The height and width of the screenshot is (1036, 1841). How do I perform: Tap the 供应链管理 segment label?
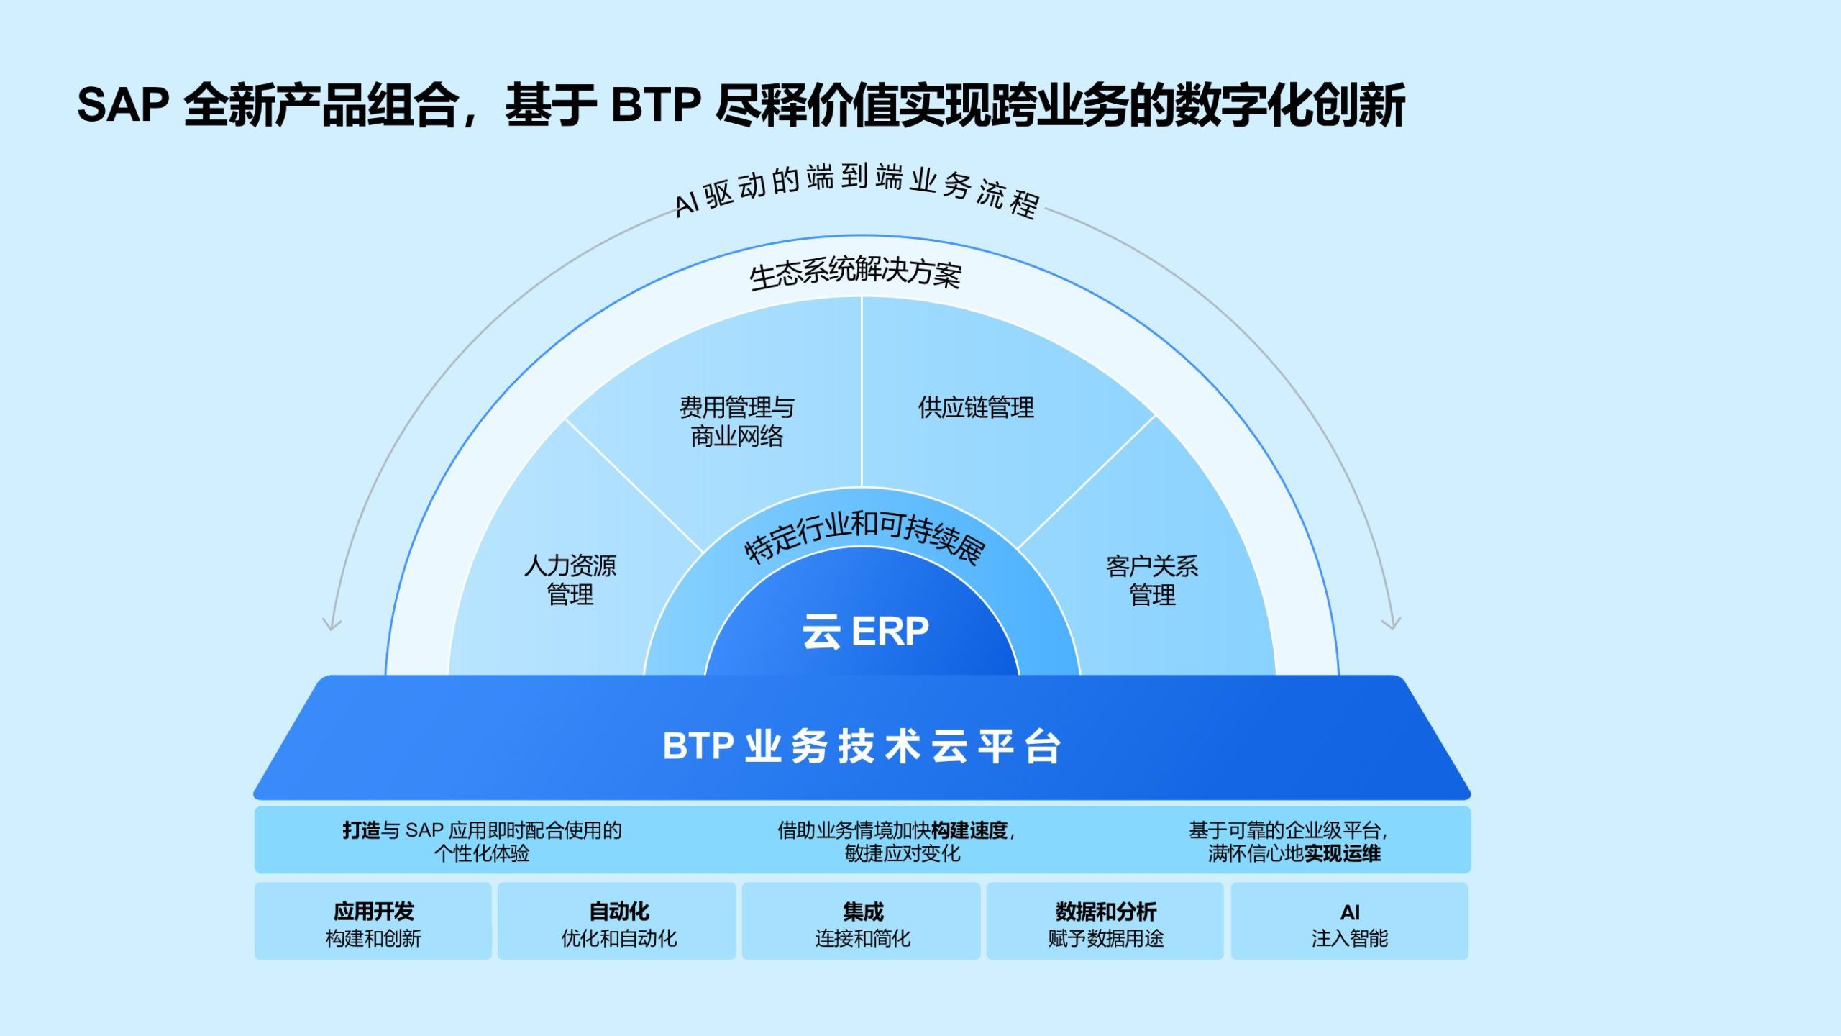pos(976,408)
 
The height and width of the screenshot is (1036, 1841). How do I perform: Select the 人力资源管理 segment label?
pos(570,580)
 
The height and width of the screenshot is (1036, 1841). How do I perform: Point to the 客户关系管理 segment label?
pos(1152,581)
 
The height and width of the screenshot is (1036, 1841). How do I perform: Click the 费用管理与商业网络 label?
pos(737,422)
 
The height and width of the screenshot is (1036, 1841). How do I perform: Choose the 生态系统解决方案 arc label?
pos(855,273)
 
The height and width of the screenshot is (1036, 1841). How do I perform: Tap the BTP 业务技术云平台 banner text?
pos(862,746)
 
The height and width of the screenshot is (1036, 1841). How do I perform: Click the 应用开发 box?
pos(373,922)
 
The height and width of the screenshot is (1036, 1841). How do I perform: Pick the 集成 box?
pos(862,922)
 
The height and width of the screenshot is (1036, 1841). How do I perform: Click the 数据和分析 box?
pos(1105,922)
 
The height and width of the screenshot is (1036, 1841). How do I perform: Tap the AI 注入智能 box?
pos(1349,922)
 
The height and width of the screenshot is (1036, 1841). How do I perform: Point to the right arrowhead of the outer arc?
pos(1392,623)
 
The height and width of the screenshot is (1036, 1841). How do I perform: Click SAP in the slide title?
pos(122,105)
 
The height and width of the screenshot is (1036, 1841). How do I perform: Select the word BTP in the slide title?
pos(655,105)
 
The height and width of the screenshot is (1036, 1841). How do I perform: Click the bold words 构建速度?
pos(969,831)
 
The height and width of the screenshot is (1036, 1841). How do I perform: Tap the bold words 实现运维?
pos(1342,854)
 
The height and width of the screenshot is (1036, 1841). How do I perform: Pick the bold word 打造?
pos(361,831)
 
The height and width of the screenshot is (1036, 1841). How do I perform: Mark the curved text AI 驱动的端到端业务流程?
pos(856,187)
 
